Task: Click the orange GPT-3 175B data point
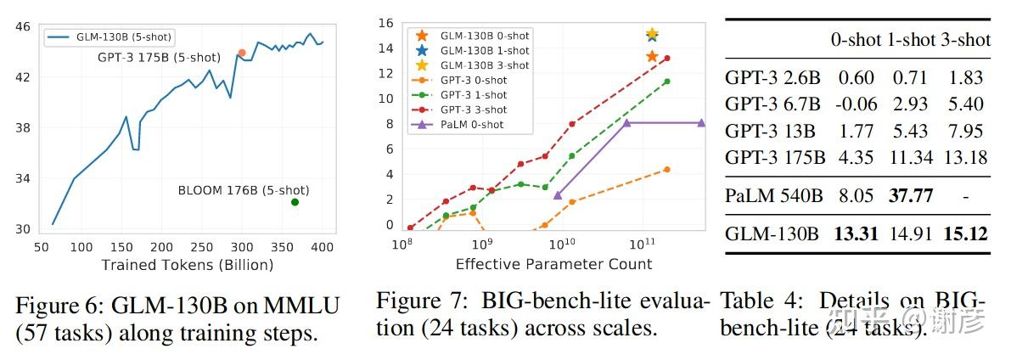[x=242, y=53]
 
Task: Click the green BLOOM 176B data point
[x=295, y=202]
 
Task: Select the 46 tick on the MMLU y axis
[x=25, y=27]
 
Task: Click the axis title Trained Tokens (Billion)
[x=188, y=265]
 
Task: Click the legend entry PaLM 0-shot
[x=470, y=125]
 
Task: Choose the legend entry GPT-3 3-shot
[x=473, y=110]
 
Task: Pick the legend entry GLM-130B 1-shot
[x=484, y=51]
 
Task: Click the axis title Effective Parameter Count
[x=553, y=264]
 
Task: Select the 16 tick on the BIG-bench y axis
[x=386, y=23]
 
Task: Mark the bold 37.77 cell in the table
[x=910, y=196]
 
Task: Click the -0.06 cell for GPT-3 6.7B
[x=856, y=104]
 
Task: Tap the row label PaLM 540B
[x=773, y=196]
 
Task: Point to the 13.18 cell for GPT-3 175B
[x=966, y=157]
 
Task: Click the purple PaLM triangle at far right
[x=701, y=122]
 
